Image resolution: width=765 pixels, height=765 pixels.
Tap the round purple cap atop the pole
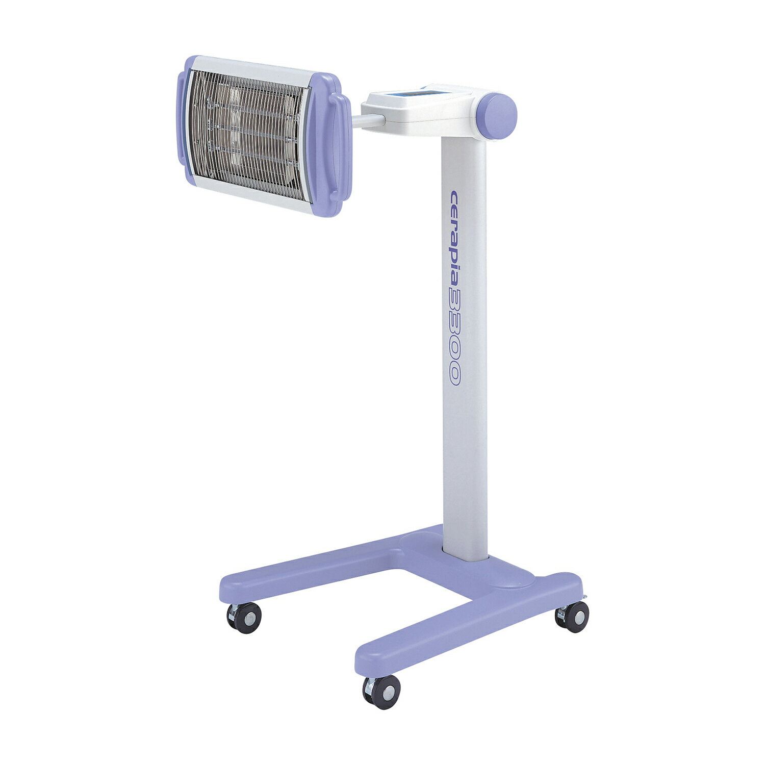(497, 115)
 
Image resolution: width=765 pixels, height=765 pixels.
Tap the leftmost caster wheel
(245, 618)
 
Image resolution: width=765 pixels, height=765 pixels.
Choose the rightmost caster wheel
(573, 617)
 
